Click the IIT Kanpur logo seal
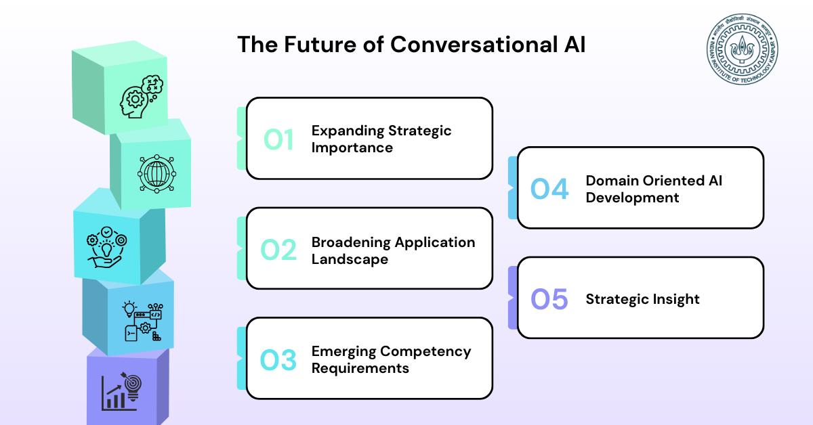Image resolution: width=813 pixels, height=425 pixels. point(743,49)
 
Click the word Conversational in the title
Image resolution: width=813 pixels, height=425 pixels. point(474,45)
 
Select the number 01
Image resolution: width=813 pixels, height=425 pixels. point(278,139)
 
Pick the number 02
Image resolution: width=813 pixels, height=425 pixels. point(278,250)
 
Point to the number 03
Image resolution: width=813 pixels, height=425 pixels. point(278,360)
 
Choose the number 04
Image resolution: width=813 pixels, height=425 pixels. point(549,189)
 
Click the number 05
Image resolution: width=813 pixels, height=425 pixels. point(549,299)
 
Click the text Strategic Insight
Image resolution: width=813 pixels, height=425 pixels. point(642,300)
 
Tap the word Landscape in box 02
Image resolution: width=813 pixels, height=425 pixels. point(350,259)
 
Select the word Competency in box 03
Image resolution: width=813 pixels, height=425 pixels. point(425,351)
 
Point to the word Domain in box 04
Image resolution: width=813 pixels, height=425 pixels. point(612,181)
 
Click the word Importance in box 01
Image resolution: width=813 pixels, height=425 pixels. point(352,148)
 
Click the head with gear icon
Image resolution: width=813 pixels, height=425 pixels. point(142,97)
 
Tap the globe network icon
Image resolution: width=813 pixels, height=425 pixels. point(157,174)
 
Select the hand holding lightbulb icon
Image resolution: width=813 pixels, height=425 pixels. point(106,247)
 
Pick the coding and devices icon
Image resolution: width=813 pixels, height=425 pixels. point(143,321)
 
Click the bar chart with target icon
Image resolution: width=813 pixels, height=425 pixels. point(121,392)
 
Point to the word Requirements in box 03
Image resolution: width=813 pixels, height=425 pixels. point(360,368)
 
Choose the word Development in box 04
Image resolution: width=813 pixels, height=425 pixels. point(632,198)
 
